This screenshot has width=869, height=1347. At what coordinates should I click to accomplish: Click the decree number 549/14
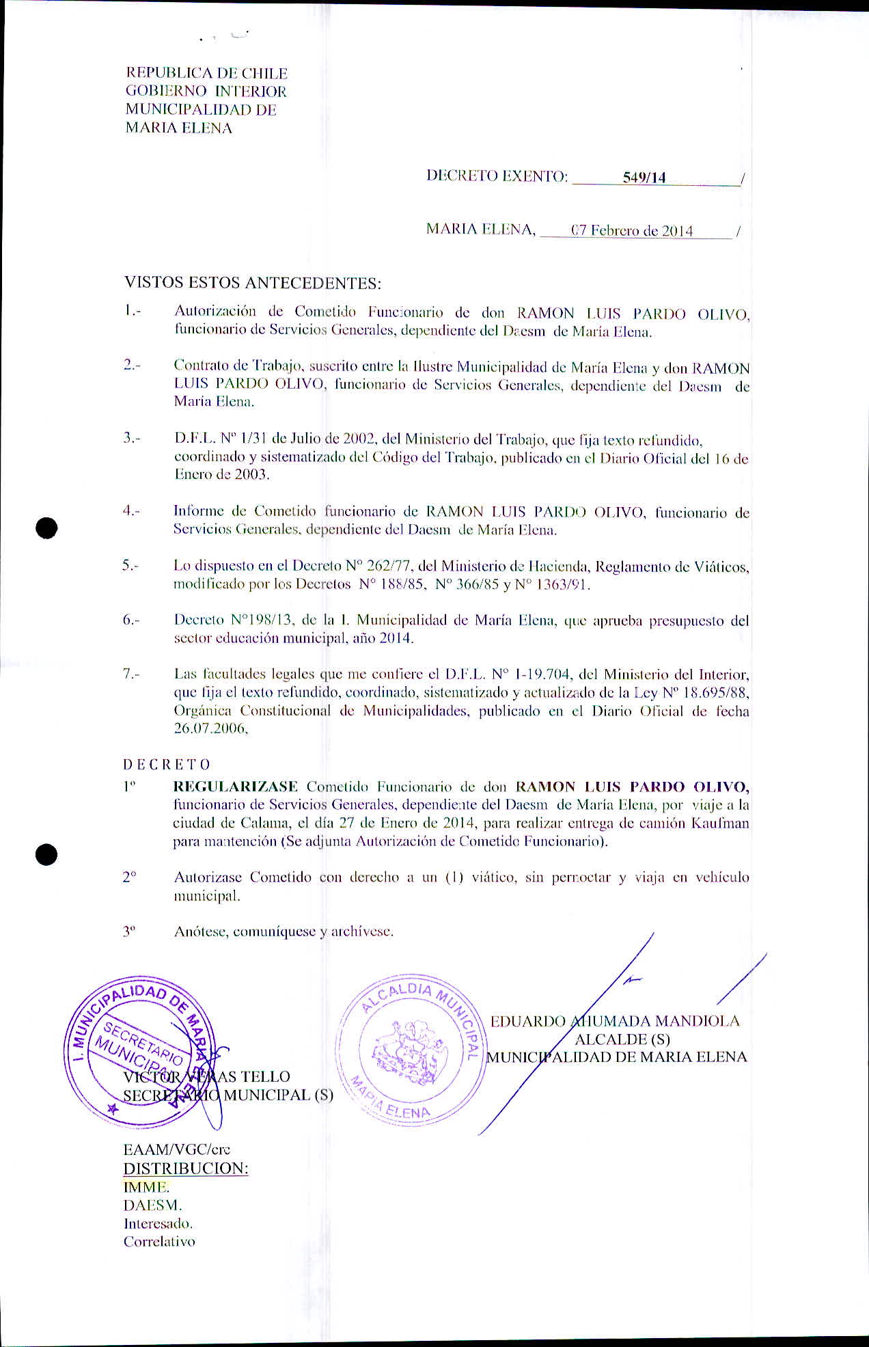click(644, 178)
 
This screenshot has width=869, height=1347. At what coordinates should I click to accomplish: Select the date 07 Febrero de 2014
click(632, 231)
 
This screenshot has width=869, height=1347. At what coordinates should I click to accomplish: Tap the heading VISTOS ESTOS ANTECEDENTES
click(253, 283)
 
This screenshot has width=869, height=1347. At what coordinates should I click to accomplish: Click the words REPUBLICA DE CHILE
click(206, 73)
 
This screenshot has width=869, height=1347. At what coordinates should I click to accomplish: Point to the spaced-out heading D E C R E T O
click(167, 765)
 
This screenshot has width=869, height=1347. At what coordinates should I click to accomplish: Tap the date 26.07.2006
click(210, 729)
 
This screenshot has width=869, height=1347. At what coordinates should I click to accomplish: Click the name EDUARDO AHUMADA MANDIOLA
click(615, 1021)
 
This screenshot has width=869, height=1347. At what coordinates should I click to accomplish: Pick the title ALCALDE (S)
click(622, 1039)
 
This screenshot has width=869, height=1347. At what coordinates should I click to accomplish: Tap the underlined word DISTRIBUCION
click(185, 1169)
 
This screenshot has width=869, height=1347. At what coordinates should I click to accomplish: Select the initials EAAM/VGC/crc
click(176, 1149)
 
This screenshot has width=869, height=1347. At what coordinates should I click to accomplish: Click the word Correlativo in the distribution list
click(159, 1242)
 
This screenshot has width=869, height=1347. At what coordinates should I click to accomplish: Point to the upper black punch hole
click(46, 528)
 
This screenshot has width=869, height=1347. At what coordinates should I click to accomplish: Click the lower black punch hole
click(46, 854)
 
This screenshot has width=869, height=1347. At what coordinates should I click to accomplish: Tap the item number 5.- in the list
click(131, 566)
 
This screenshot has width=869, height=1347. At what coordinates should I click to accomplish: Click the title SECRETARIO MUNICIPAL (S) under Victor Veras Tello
click(228, 1095)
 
